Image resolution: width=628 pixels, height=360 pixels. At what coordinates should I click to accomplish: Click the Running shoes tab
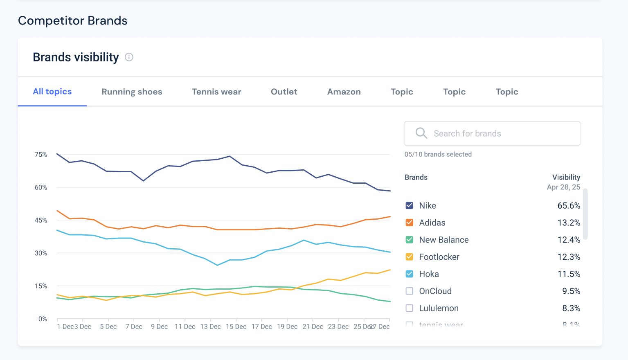click(132, 92)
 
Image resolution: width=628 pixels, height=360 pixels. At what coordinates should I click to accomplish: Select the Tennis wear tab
click(216, 92)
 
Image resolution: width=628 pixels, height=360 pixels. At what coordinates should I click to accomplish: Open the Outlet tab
click(284, 92)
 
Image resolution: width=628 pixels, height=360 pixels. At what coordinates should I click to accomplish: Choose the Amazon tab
click(344, 92)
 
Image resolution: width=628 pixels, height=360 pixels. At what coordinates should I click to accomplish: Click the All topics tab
click(52, 92)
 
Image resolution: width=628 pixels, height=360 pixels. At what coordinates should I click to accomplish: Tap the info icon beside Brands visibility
click(129, 57)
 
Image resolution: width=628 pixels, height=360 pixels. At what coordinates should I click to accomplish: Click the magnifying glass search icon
click(421, 133)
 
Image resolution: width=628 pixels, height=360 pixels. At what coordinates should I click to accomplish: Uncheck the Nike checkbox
click(409, 205)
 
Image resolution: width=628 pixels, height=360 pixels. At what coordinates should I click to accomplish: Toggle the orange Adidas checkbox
click(409, 223)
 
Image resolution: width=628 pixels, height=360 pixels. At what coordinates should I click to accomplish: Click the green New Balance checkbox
click(409, 240)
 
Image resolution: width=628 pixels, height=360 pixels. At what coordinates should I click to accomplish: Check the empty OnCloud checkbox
click(409, 291)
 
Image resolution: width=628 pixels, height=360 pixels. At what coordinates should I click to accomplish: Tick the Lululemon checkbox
click(409, 308)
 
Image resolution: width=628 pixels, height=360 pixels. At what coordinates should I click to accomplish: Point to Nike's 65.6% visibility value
click(568, 205)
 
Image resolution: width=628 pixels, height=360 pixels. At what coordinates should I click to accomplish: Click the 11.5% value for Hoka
click(568, 274)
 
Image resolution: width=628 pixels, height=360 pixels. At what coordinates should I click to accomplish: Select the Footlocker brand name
click(439, 257)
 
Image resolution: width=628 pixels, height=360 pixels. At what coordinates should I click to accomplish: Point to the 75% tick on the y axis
click(41, 155)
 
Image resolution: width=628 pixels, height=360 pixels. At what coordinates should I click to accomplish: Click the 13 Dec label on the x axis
click(210, 326)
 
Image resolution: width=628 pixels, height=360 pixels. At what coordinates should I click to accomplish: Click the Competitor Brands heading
click(73, 21)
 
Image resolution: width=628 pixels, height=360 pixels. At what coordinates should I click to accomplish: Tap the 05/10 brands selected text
click(438, 154)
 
